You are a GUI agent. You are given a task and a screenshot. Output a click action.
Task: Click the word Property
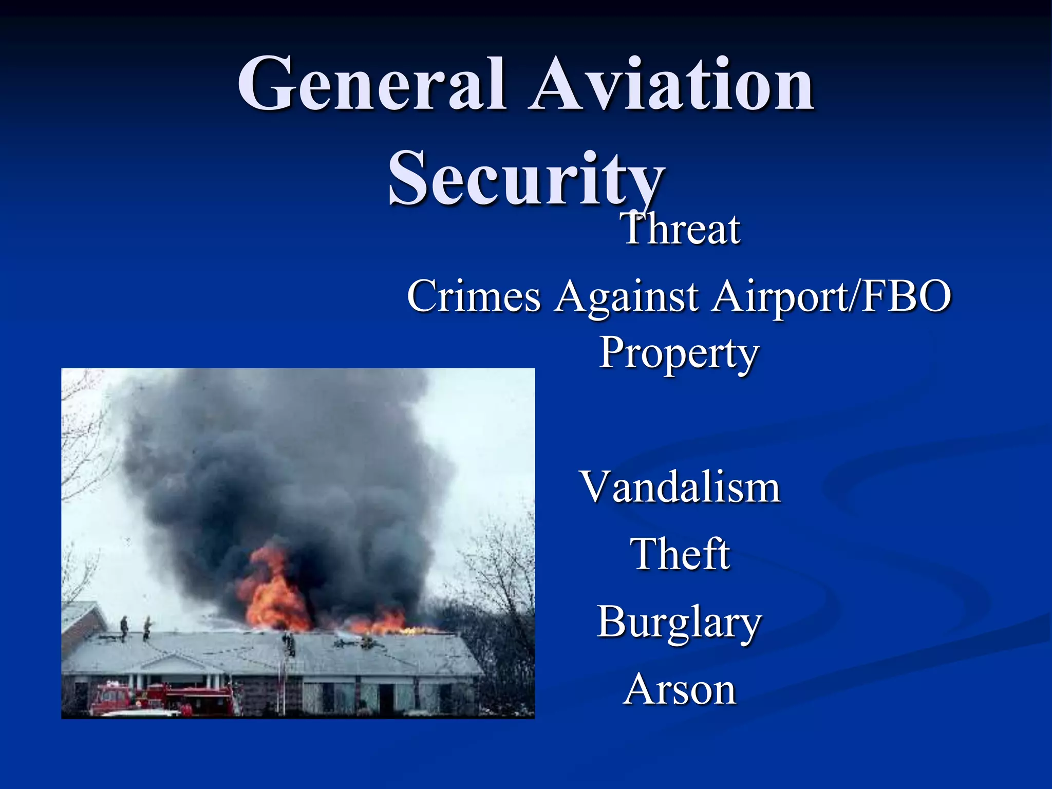click(679, 353)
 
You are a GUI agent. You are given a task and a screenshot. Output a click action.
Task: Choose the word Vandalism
click(680, 487)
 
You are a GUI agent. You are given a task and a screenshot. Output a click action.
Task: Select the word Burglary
click(679, 623)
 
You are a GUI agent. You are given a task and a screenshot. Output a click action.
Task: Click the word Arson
click(680, 689)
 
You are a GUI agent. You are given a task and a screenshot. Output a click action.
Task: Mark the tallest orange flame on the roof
click(272, 591)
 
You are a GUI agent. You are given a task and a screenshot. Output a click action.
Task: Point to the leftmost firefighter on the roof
click(124, 628)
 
